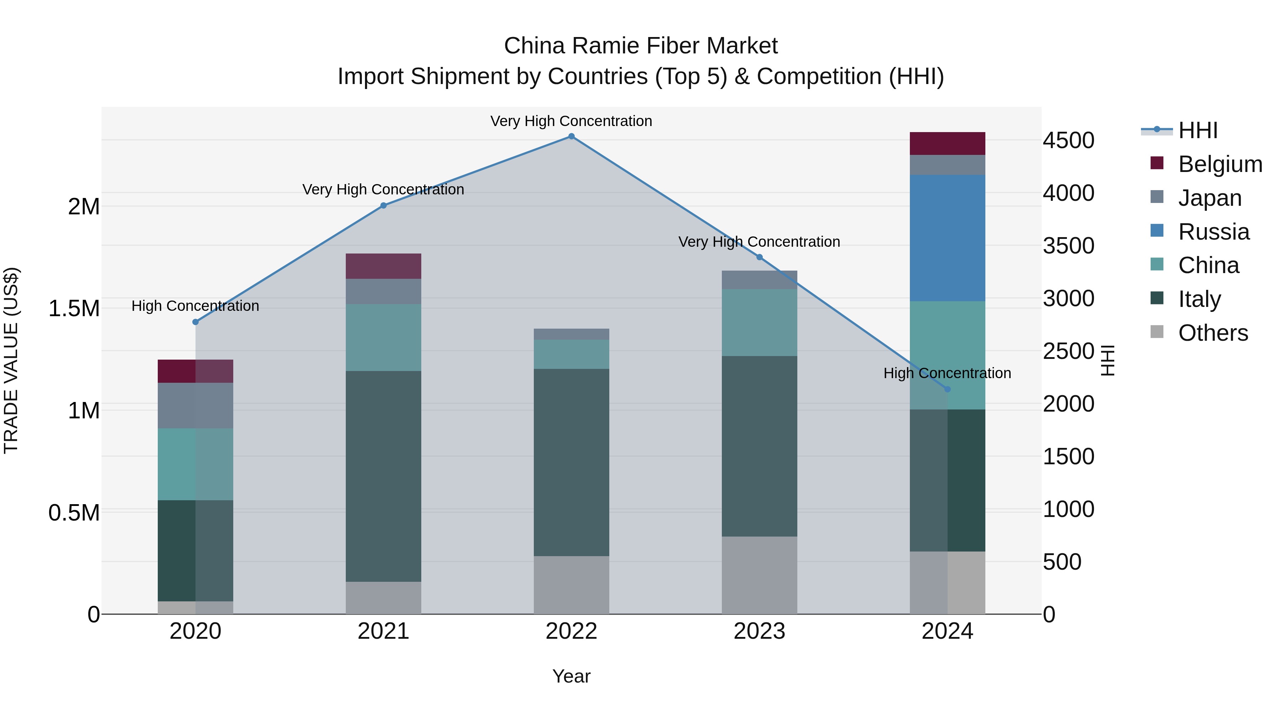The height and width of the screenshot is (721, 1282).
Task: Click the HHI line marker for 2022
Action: click(571, 136)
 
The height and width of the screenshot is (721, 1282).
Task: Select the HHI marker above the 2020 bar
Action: click(196, 322)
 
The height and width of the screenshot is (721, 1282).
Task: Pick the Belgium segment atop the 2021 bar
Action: click(383, 266)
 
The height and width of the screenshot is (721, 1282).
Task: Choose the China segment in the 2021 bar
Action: click(383, 338)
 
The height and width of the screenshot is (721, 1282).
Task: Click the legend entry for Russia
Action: click(1213, 232)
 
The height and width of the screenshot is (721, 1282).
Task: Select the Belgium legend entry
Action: click(1220, 164)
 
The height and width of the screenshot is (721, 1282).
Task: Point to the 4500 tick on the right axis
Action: click(1068, 141)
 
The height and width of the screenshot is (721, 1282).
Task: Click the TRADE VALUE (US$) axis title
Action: click(11, 360)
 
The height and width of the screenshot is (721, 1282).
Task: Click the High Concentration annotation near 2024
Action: click(947, 373)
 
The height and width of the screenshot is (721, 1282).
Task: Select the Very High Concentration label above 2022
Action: click(571, 121)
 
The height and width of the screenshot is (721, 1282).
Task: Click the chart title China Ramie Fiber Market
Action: click(641, 46)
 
